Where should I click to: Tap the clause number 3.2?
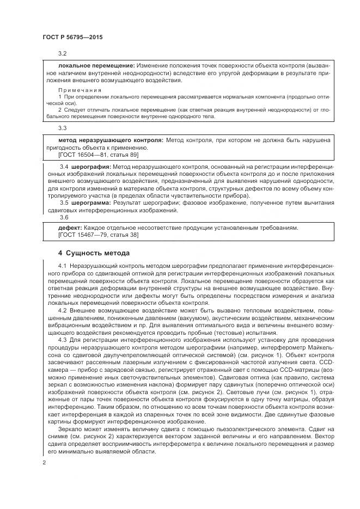pyautogui.click(x=62, y=54)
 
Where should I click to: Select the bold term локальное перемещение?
pyautogui.click(x=89, y=65)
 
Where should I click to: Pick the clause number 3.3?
pyautogui.click(x=62, y=128)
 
